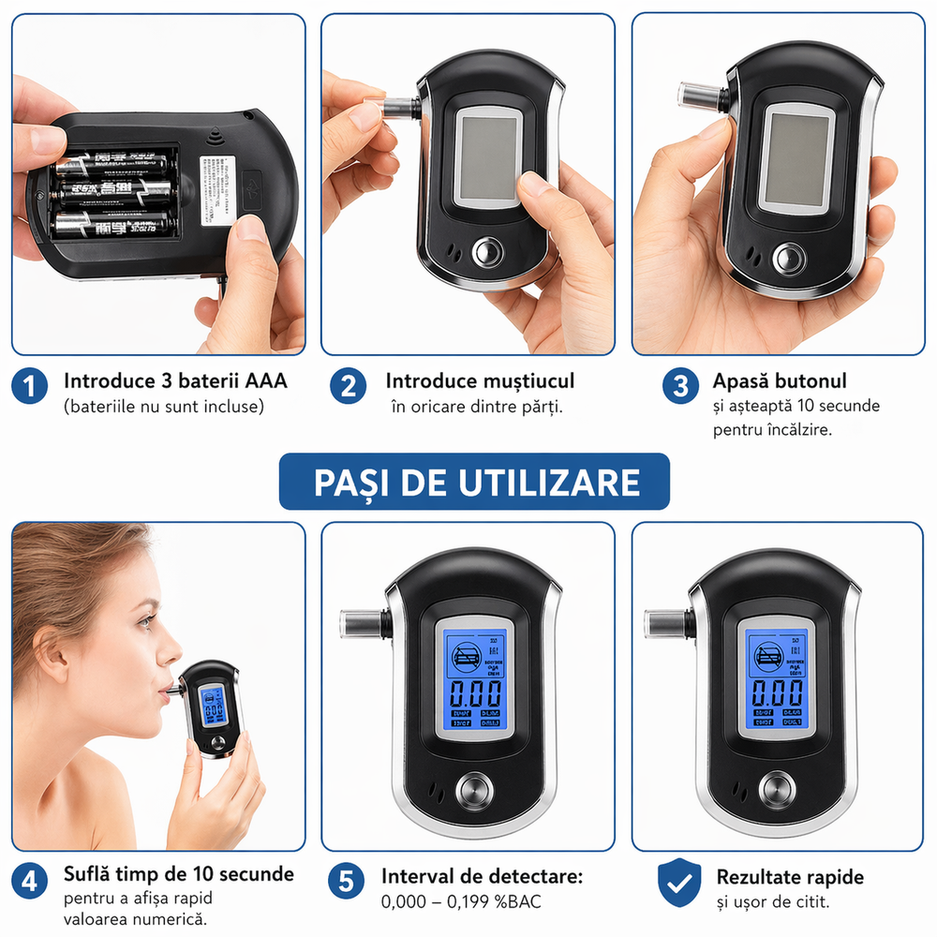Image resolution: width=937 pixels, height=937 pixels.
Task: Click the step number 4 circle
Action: click(x=32, y=882)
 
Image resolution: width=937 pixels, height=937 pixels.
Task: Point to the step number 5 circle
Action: click(x=348, y=882)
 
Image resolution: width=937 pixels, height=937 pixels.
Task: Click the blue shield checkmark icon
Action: click(x=680, y=882)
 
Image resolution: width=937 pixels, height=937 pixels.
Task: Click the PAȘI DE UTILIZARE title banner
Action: click(x=475, y=482)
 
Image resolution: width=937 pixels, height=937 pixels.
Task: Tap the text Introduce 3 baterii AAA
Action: click(x=175, y=381)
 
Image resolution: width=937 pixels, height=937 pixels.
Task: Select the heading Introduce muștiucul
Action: click(x=480, y=381)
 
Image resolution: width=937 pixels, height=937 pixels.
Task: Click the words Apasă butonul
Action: click(x=780, y=381)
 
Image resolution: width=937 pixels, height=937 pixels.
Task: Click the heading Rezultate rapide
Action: click(x=790, y=877)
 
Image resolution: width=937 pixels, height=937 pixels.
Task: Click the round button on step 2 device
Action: click(x=486, y=253)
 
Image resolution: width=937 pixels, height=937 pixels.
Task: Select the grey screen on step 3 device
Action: click(x=794, y=154)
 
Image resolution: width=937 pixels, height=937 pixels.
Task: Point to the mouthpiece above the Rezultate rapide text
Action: click(x=663, y=621)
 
